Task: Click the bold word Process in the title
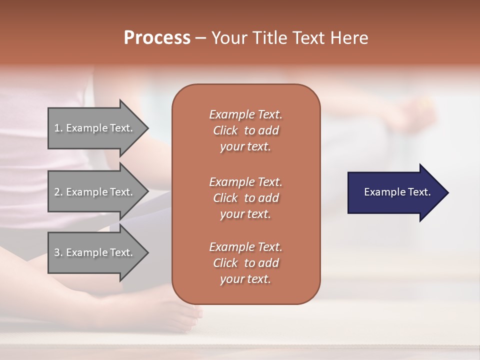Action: click(157, 38)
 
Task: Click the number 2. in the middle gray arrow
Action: click(58, 192)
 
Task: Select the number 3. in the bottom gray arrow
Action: click(58, 252)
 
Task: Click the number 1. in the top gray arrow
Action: click(58, 128)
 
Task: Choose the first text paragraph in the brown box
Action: click(245, 130)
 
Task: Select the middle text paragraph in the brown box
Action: click(245, 197)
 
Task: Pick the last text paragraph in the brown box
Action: click(245, 263)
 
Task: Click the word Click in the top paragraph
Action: click(225, 130)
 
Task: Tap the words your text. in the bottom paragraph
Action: click(245, 279)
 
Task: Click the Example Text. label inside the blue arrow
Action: click(397, 192)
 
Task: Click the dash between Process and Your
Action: click(200, 38)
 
